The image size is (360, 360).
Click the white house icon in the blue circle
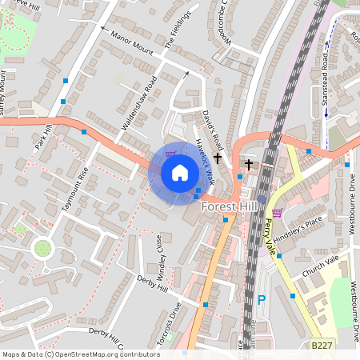180,172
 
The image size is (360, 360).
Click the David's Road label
211,126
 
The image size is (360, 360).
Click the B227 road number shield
322,345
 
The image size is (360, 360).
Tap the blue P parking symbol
261,301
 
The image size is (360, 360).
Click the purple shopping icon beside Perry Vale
277,213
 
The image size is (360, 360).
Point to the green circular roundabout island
42,249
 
